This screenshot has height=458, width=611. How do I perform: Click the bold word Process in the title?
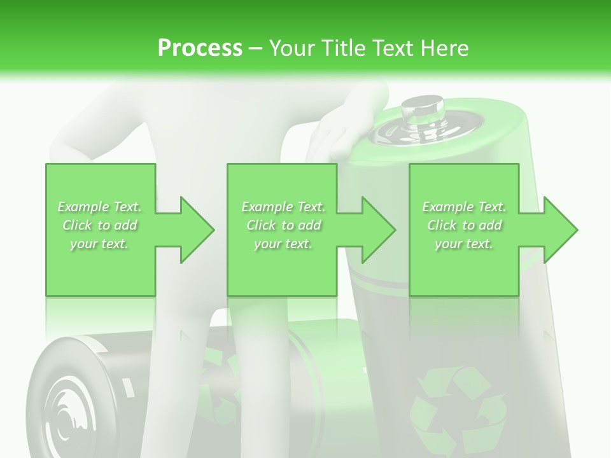pyautogui.click(x=200, y=48)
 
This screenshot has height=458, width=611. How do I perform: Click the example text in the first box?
pyautogui.click(x=99, y=225)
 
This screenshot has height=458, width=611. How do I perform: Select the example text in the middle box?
pyautogui.click(x=283, y=225)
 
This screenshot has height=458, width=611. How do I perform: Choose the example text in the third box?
pyautogui.click(x=463, y=225)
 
